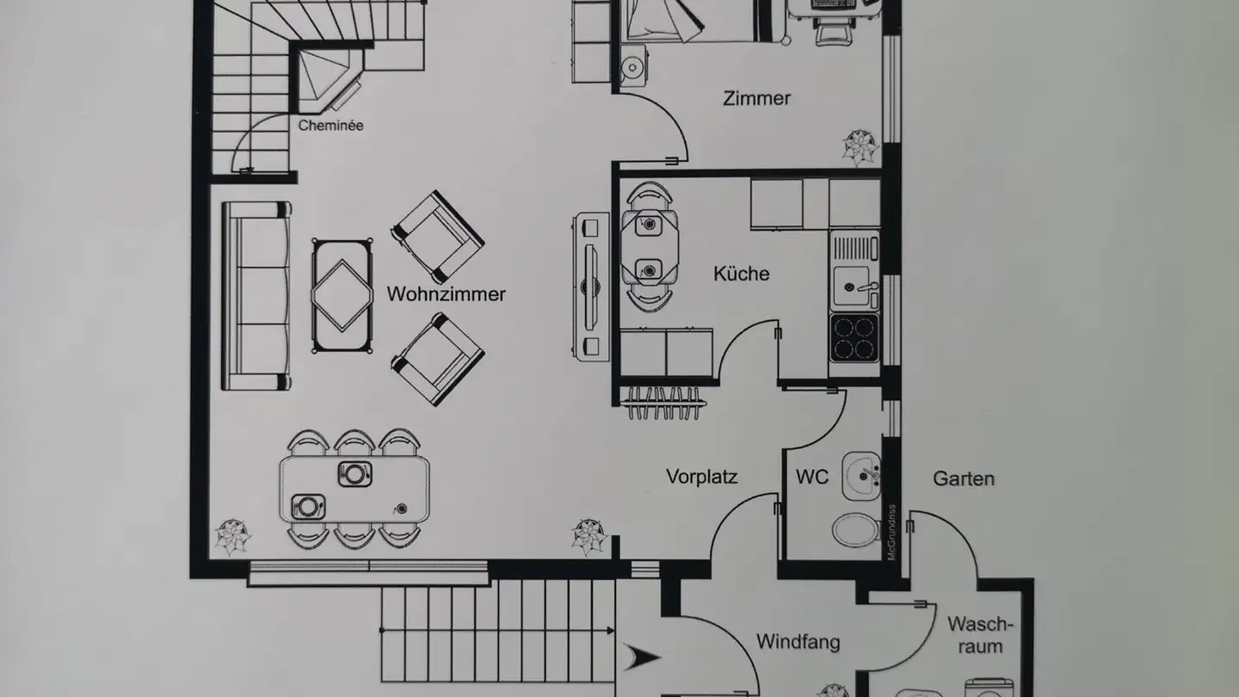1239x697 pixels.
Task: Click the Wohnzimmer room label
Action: click(446, 293)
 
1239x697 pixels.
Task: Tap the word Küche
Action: click(741, 274)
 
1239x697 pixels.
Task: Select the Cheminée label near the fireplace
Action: click(330, 126)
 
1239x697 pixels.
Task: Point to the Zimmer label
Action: click(756, 98)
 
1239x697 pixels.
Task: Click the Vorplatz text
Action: click(701, 477)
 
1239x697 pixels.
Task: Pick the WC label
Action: click(812, 477)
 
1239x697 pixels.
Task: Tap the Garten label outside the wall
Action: click(964, 478)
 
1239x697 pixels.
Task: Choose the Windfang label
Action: click(798, 642)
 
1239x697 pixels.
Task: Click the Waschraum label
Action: click(980, 635)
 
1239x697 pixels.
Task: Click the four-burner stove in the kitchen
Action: click(854, 338)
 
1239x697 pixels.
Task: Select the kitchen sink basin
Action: click(851, 286)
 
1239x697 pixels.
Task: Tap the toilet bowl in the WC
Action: click(855, 529)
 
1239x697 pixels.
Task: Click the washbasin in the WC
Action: click(860, 476)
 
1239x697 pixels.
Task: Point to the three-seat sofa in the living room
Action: click(256, 296)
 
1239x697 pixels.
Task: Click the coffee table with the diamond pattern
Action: click(342, 296)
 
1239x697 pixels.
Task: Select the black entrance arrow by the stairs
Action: click(642, 657)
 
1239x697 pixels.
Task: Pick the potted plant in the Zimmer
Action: click(860, 147)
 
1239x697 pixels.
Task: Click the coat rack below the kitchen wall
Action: click(663, 402)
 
